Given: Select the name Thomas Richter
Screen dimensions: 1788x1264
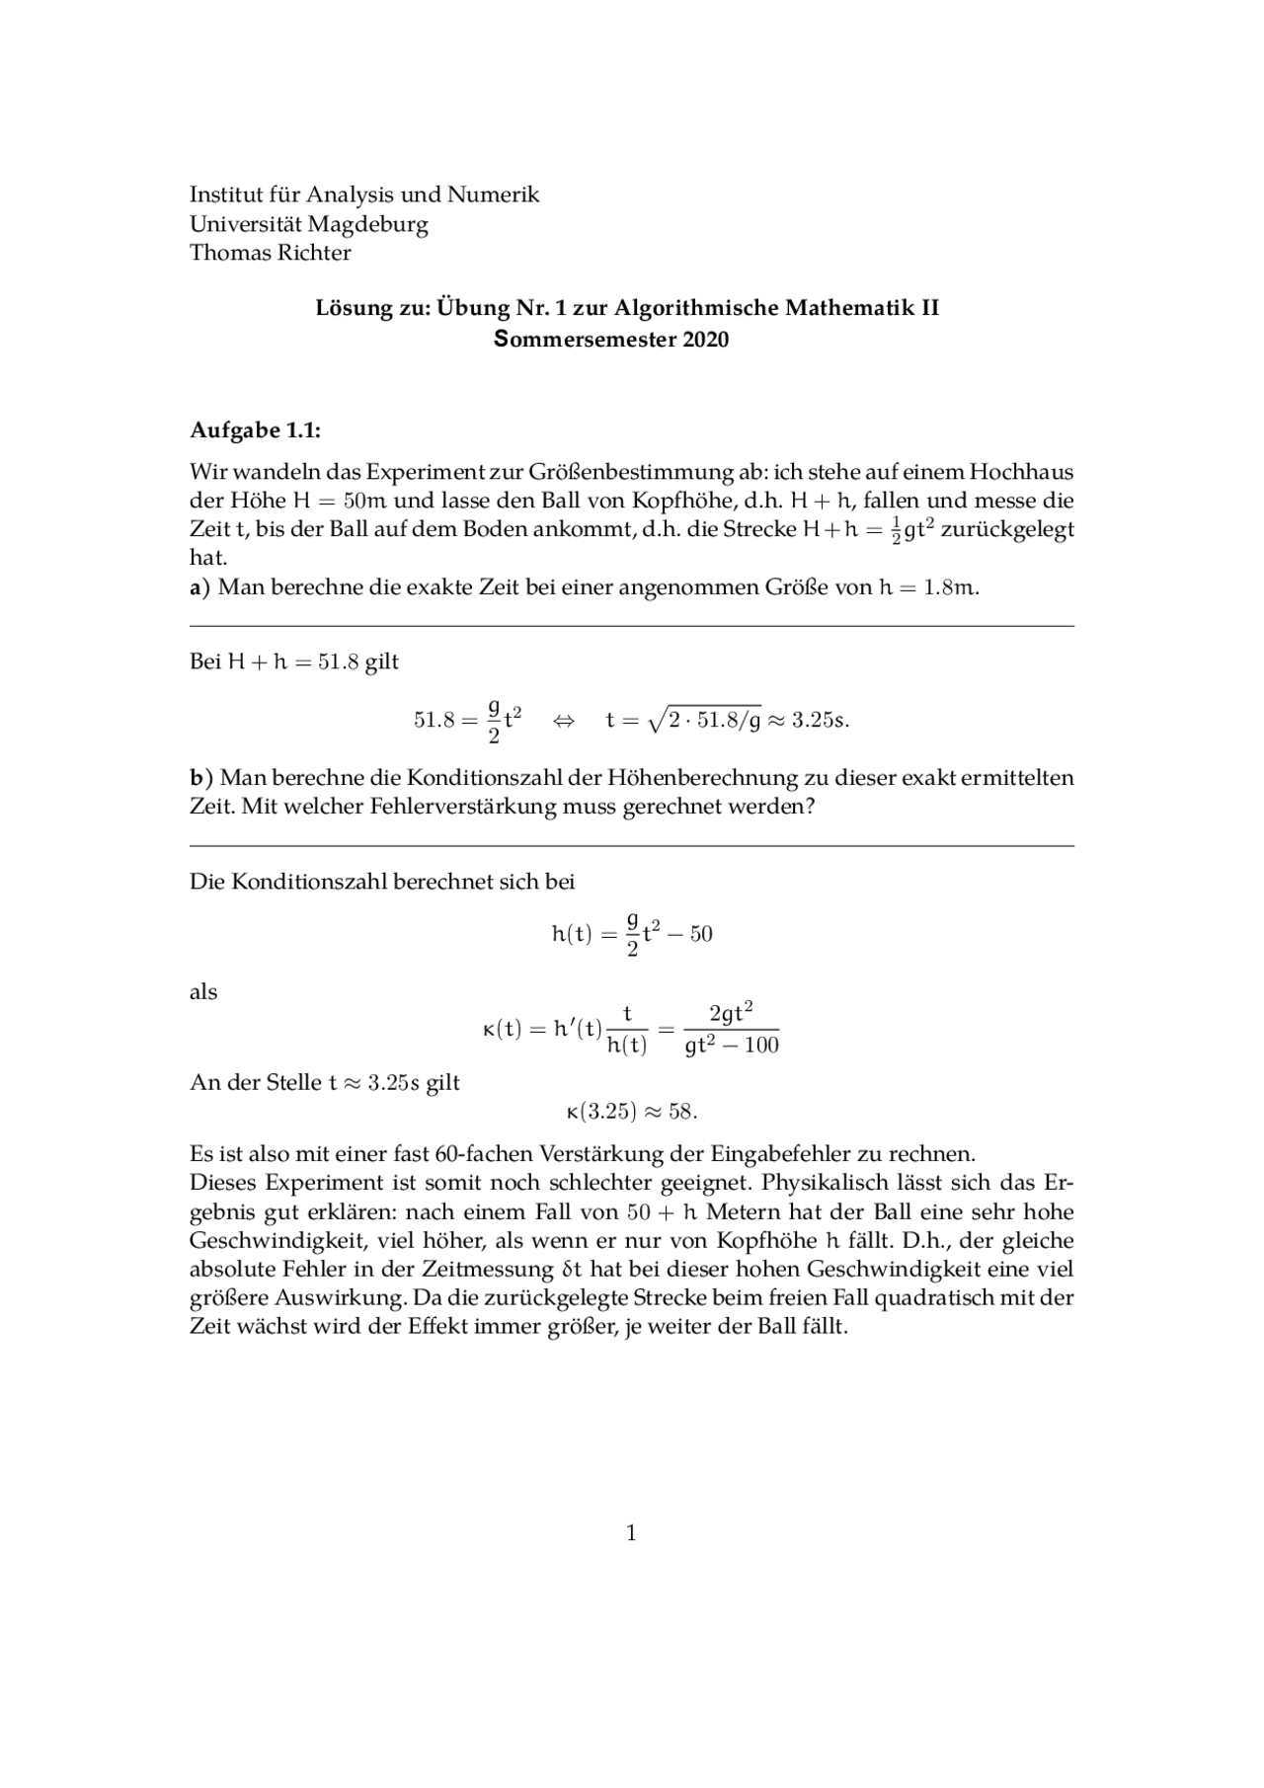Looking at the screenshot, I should [270, 253].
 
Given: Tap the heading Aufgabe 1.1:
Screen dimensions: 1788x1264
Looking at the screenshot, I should [255, 431].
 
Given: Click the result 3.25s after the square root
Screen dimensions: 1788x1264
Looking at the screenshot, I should [820, 720].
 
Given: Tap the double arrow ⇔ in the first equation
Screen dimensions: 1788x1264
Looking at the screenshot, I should [563, 720].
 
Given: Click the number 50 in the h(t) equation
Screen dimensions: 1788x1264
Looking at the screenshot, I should [701, 934].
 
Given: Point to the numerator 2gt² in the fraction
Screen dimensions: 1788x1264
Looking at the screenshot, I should [732, 1013].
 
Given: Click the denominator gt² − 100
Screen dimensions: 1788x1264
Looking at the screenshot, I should [732, 1045].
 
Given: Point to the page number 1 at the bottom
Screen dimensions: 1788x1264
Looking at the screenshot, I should [631, 1533].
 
